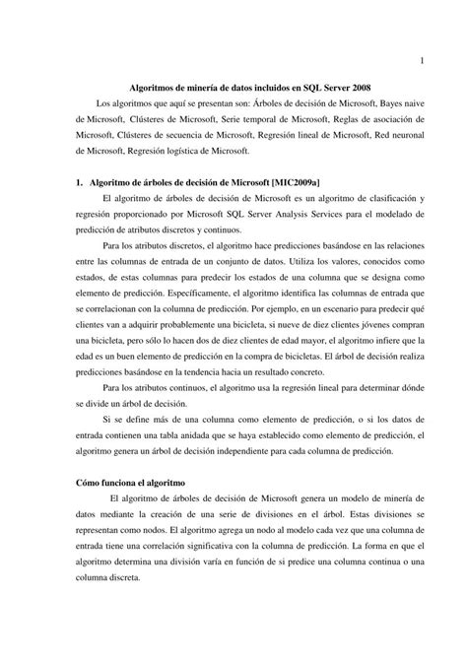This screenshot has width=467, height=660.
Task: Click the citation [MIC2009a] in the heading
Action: click(307, 183)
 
